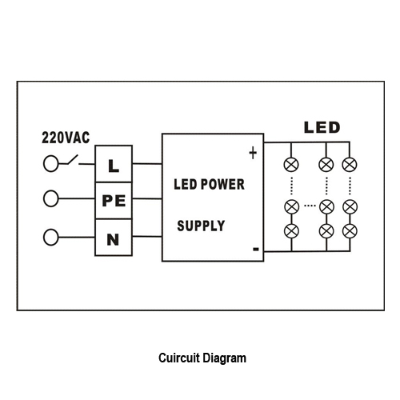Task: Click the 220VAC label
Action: (x=66, y=138)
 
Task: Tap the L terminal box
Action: (x=114, y=164)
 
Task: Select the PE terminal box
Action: (x=114, y=201)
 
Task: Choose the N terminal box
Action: (x=114, y=238)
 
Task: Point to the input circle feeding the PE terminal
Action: (x=50, y=198)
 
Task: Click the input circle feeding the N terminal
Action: (x=50, y=237)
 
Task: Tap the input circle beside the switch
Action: (x=50, y=163)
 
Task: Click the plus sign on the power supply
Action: (x=253, y=153)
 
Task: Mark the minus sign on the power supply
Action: (x=256, y=250)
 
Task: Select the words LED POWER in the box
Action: (x=209, y=184)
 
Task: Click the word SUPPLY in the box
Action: (x=201, y=226)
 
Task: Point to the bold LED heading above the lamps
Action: (x=322, y=127)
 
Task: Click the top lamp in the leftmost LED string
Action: (x=291, y=164)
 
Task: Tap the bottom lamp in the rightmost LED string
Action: (x=350, y=231)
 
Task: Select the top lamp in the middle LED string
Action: (x=326, y=164)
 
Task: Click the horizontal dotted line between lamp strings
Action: (x=310, y=206)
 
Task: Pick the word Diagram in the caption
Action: (x=224, y=358)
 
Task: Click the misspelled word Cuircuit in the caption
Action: (x=179, y=358)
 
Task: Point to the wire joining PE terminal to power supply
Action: (x=147, y=198)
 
